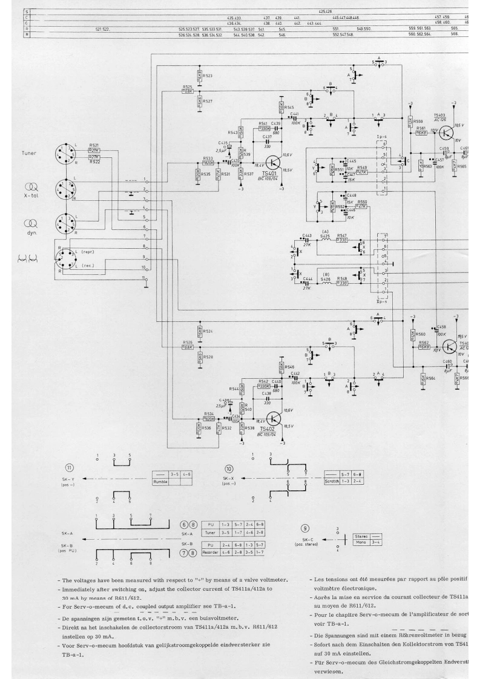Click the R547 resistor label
(x=342, y=235)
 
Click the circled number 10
(x=228, y=469)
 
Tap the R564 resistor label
(x=430, y=378)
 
